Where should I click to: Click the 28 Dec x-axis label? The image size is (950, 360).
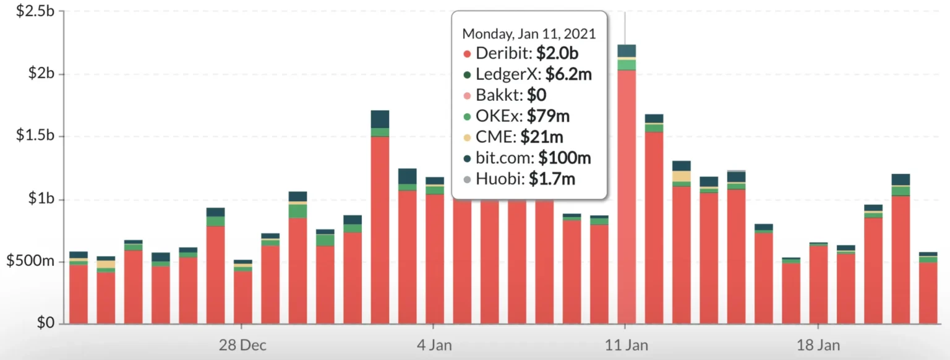242,345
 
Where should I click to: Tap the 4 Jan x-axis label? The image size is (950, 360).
434,345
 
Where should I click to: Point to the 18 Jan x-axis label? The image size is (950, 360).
818,345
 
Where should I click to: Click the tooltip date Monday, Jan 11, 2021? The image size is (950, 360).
529,33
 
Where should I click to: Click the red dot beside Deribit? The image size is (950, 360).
467,54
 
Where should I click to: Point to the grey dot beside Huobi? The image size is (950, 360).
467,180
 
